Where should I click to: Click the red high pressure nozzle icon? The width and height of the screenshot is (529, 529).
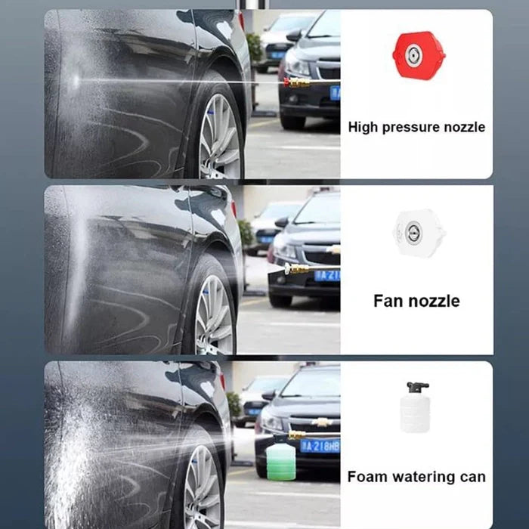418,54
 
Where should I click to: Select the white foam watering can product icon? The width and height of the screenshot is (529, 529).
415,407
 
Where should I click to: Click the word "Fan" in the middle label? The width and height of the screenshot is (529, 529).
388,301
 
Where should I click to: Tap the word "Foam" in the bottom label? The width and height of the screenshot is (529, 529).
366,477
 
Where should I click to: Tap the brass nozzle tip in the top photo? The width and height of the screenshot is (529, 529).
296,82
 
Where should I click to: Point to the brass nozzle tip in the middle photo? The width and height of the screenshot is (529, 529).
298,268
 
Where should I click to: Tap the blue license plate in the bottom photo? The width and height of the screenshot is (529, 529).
320,446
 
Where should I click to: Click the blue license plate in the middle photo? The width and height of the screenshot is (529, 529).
328,276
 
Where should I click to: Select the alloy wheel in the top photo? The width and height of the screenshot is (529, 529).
219,136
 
